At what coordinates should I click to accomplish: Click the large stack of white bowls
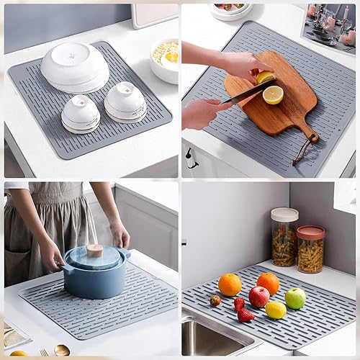pyautogui.click(x=75, y=67)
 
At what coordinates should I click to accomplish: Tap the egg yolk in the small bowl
pyautogui.click(x=172, y=57)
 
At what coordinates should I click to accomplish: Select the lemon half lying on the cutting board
pyautogui.click(x=273, y=94)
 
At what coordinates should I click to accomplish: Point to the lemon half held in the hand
pyautogui.click(x=266, y=76)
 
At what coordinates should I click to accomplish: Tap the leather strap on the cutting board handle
pyautogui.click(x=303, y=150)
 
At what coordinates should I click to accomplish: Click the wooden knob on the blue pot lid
pyautogui.click(x=94, y=250)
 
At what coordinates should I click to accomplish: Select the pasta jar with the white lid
pyautogui.click(x=284, y=237)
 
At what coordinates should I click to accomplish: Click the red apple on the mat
pyautogui.click(x=258, y=296)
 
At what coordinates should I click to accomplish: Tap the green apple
pyautogui.click(x=295, y=297)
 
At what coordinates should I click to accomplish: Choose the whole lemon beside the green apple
pyautogui.click(x=276, y=310)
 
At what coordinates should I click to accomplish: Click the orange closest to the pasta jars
pyautogui.click(x=268, y=283)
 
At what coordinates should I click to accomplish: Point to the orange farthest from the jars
pyautogui.click(x=230, y=284)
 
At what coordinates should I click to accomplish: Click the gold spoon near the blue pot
pyautogui.click(x=61, y=351)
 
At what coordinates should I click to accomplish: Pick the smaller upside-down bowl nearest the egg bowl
pyautogui.click(x=125, y=101)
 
